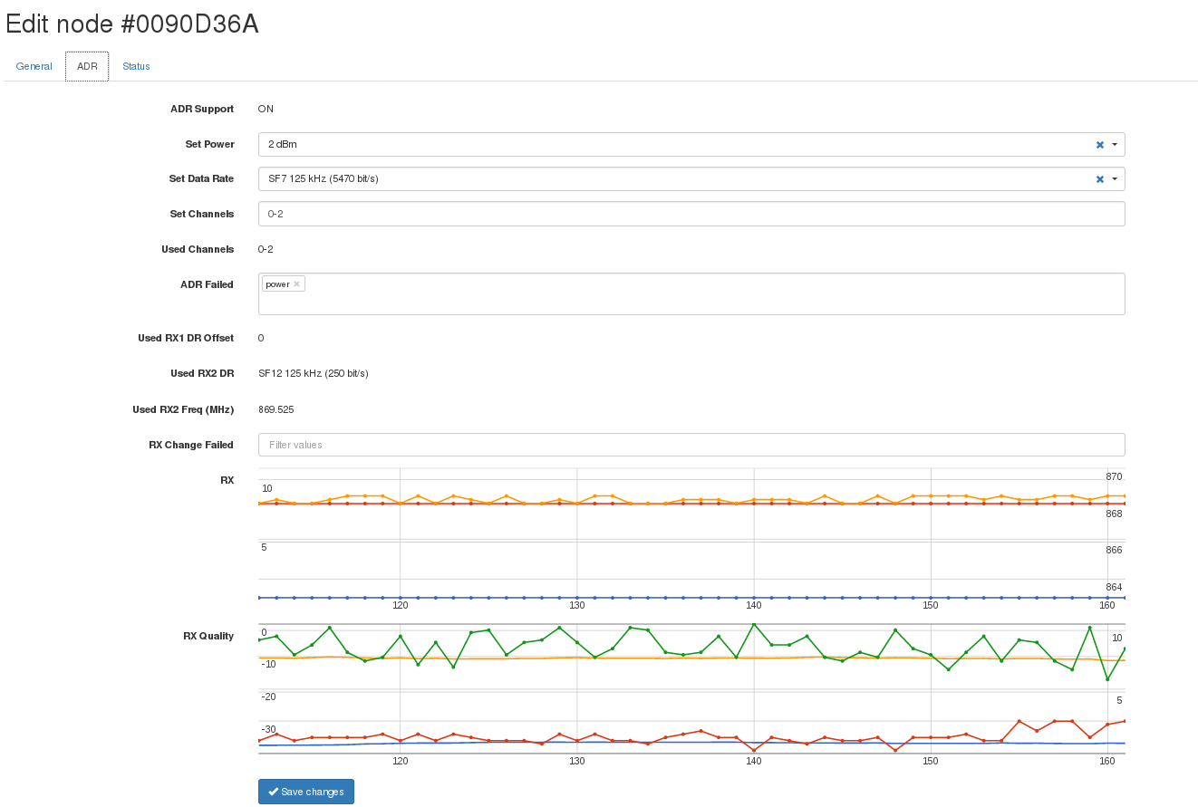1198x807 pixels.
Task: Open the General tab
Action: [x=34, y=66]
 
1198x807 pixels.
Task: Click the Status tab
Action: [x=136, y=66]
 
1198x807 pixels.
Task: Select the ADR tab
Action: [x=87, y=66]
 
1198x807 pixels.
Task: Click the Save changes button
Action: [x=306, y=792]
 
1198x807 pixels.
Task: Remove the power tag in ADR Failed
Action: [x=296, y=284]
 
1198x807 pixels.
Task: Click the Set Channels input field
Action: [x=691, y=214]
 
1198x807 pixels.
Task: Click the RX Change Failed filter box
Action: [x=691, y=445]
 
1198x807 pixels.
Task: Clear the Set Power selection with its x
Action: [x=1100, y=145]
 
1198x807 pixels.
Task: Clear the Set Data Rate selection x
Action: [x=1100, y=179]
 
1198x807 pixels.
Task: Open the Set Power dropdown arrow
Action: [x=1115, y=145]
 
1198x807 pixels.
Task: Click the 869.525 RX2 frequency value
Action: [x=276, y=409]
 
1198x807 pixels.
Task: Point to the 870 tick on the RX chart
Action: [x=1114, y=476]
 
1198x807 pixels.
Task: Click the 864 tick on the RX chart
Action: [x=1114, y=587]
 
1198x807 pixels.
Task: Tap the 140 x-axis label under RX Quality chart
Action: [x=753, y=762]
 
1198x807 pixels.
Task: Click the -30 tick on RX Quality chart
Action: [x=269, y=729]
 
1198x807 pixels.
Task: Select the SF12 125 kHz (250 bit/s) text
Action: [x=314, y=373]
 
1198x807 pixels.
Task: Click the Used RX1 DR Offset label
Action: [x=186, y=338]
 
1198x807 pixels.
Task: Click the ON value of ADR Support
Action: [x=266, y=109]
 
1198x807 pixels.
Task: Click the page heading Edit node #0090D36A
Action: [x=132, y=24]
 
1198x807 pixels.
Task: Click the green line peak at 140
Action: [x=753, y=624]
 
